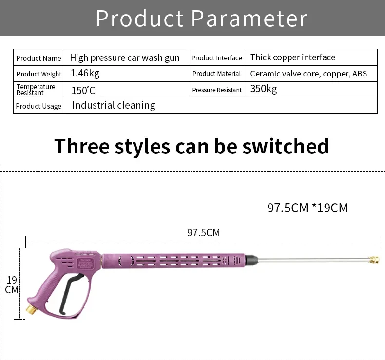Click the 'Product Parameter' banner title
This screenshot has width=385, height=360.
tap(201, 18)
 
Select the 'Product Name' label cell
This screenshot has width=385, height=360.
tap(38, 58)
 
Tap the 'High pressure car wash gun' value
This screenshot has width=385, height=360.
tap(125, 58)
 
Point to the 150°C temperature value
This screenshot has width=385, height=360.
tap(83, 90)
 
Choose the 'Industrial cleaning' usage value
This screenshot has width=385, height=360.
tap(114, 105)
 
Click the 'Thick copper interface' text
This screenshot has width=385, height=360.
tap(292, 57)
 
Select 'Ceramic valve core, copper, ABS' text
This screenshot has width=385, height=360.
tap(308, 74)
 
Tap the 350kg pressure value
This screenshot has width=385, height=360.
tap(264, 89)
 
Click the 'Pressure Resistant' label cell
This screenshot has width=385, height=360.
tap(217, 90)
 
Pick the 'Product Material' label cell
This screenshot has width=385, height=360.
tap(216, 74)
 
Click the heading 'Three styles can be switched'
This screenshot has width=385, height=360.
tap(192, 146)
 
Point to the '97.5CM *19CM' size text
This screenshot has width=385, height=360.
tap(308, 208)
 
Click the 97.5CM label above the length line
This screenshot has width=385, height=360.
tap(203, 233)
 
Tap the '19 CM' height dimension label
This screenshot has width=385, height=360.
tap(12, 284)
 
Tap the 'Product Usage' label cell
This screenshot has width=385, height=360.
tap(38, 106)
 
